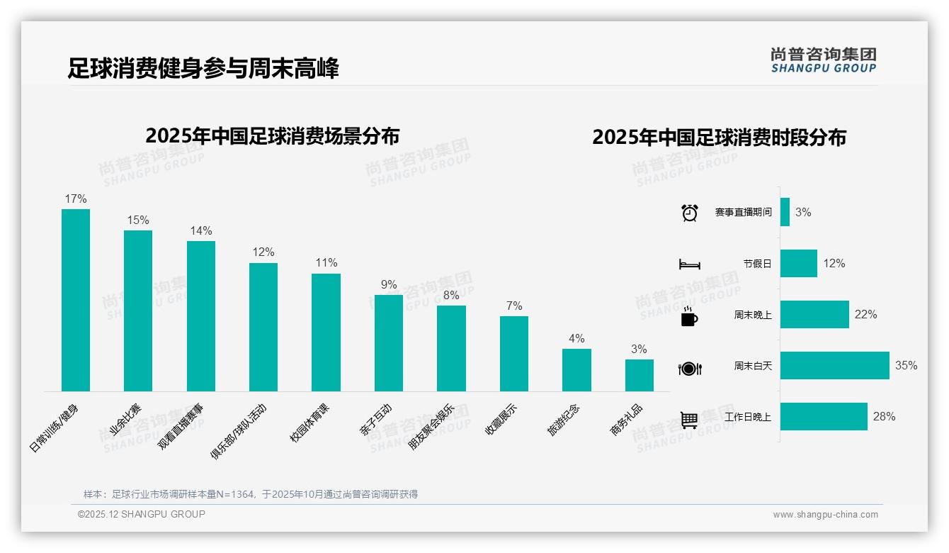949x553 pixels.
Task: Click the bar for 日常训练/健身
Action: pyautogui.click(x=76, y=300)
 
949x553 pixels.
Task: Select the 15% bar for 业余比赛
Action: pyautogui.click(x=138, y=311)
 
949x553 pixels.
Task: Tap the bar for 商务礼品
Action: pyautogui.click(x=639, y=375)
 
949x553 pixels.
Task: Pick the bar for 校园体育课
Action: pyautogui.click(x=326, y=332)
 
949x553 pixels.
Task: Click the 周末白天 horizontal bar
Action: pyautogui.click(x=834, y=365)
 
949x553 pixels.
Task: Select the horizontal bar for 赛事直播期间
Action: pyautogui.click(x=785, y=212)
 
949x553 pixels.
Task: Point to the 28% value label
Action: pyautogui.click(x=884, y=416)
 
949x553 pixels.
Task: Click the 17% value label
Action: pyautogui.click(x=76, y=199)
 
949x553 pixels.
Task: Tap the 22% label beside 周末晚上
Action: pyautogui.click(x=865, y=314)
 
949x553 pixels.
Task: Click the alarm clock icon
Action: pyautogui.click(x=689, y=213)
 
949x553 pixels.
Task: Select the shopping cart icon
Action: pyautogui.click(x=689, y=420)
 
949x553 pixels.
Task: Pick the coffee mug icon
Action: pyautogui.click(x=689, y=316)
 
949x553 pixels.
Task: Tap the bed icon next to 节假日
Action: pyautogui.click(x=689, y=264)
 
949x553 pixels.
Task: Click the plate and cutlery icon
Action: pyautogui.click(x=689, y=368)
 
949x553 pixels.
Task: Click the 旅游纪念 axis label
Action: pyautogui.click(x=563, y=420)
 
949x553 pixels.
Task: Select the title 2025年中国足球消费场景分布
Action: pyautogui.click(x=273, y=135)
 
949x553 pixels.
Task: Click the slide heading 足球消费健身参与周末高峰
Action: pyautogui.click(x=203, y=68)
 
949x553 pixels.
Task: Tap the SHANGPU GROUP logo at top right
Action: pyautogui.click(x=823, y=60)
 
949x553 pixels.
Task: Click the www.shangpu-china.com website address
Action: pyautogui.click(x=825, y=515)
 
